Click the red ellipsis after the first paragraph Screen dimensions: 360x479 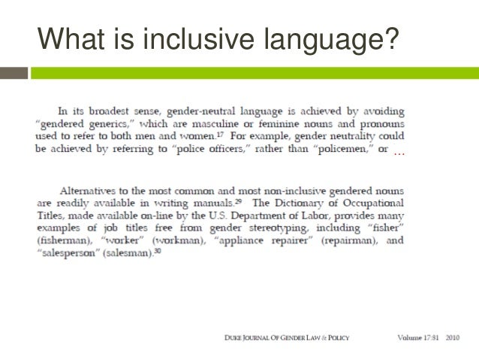399,152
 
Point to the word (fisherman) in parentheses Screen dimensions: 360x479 65,241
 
